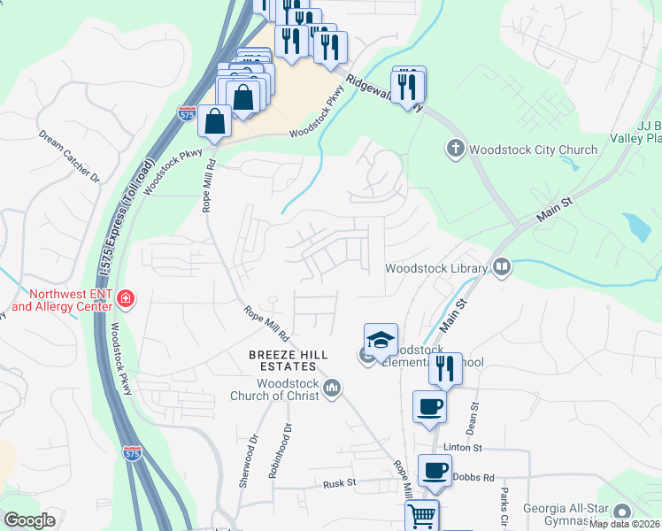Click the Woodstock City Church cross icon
456,149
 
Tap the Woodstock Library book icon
502,267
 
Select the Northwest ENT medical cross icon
127,299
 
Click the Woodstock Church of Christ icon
333,387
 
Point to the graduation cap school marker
381,340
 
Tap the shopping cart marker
422,513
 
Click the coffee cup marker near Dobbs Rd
434,470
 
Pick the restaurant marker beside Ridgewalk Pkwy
408,86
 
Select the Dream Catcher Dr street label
68,156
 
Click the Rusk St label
339,483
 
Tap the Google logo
30,520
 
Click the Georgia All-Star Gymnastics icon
622,512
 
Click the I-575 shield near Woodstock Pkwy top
186,113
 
